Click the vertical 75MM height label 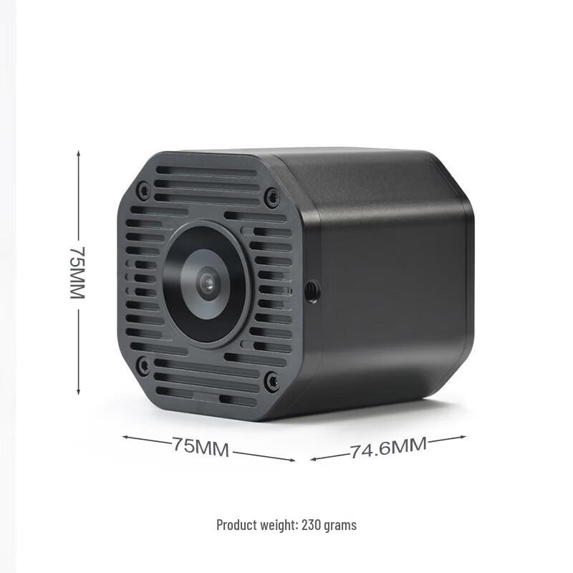click(77, 273)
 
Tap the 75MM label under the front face click(201, 448)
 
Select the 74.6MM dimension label click(388, 448)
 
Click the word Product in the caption click(235, 525)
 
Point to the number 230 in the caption click(312, 525)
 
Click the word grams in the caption click(340, 525)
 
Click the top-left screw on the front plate click(143, 191)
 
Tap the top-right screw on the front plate click(271, 197)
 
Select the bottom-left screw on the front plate click(143, 365)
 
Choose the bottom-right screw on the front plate click(271, 381)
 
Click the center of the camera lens click(206, 284)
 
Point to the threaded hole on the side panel click(312, 291)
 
